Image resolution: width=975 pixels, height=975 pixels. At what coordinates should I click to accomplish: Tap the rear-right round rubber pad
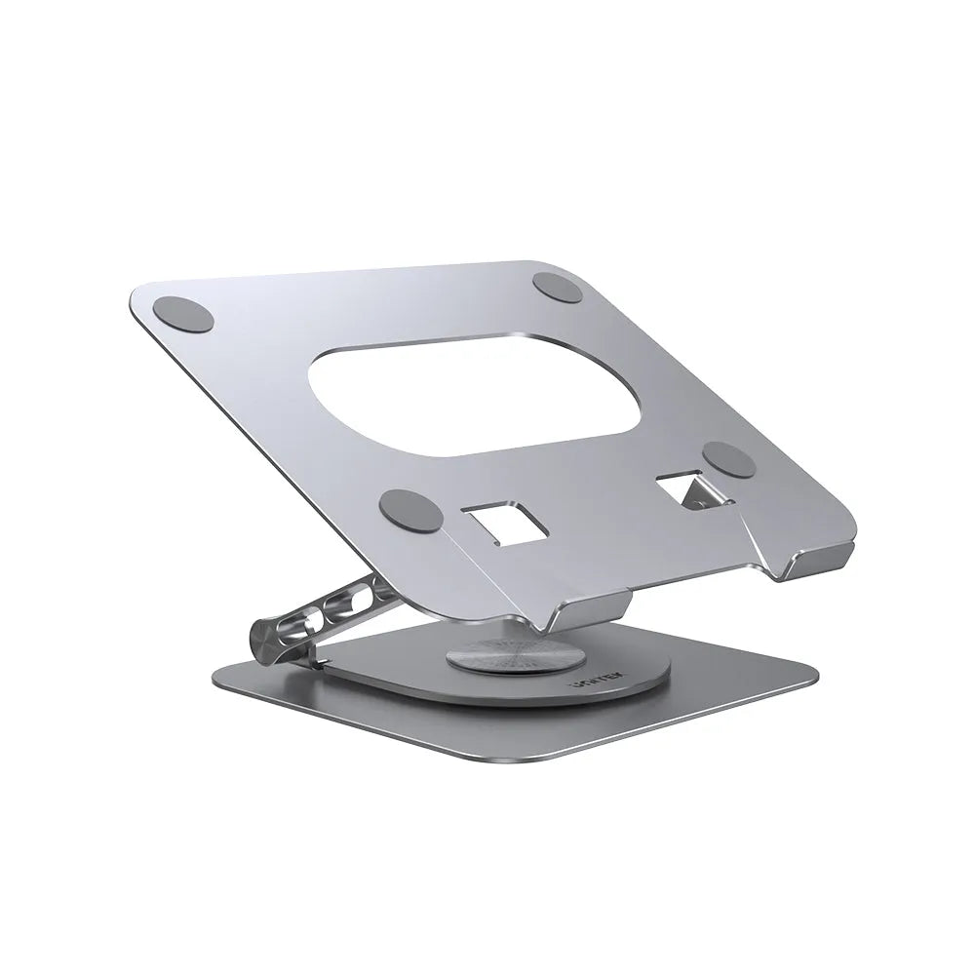559,288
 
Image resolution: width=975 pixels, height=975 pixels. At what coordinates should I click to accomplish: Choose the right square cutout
688,487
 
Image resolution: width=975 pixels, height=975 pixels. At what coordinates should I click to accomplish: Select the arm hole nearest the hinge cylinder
310,624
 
